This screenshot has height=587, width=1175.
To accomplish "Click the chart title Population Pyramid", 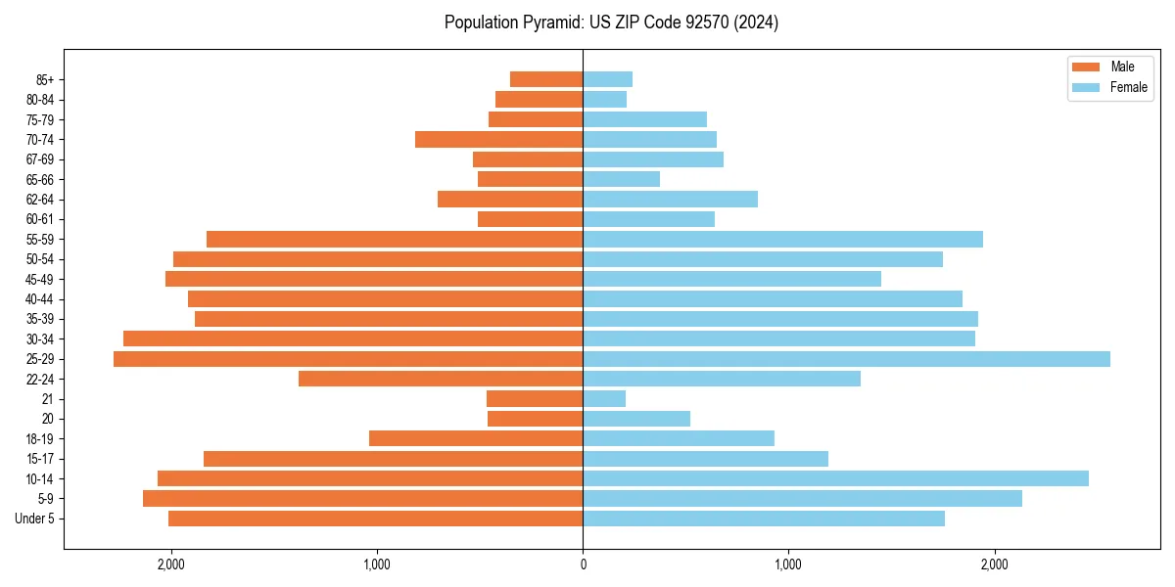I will point(611,23).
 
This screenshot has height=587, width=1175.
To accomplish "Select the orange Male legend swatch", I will point(1086,67).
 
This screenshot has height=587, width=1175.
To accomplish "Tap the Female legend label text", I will point(1128,87).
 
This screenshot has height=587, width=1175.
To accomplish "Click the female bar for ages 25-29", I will point(846,359).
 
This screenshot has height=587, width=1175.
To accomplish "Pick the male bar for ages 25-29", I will point(348,359).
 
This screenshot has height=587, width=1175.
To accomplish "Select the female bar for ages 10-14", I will point(835,478).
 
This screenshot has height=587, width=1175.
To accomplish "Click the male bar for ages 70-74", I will point(498,139).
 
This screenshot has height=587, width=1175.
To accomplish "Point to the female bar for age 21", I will point(604,399).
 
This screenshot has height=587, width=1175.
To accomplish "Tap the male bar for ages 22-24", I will point(441,379).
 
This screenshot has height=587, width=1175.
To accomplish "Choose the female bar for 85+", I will point(607,79).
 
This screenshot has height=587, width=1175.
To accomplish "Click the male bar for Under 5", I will point(375,519).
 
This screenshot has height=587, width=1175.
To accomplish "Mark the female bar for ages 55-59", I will point(782,240).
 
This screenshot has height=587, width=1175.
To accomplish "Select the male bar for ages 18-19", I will point(476,438).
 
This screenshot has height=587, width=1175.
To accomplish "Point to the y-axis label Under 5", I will point(35,519).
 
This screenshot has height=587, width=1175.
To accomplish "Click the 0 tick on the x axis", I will point(583,564).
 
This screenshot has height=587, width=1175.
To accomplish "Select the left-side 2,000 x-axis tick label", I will point(171,564).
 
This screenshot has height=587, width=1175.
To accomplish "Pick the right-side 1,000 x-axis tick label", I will point(788,564).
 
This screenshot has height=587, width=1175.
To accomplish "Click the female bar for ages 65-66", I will point(621,179).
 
